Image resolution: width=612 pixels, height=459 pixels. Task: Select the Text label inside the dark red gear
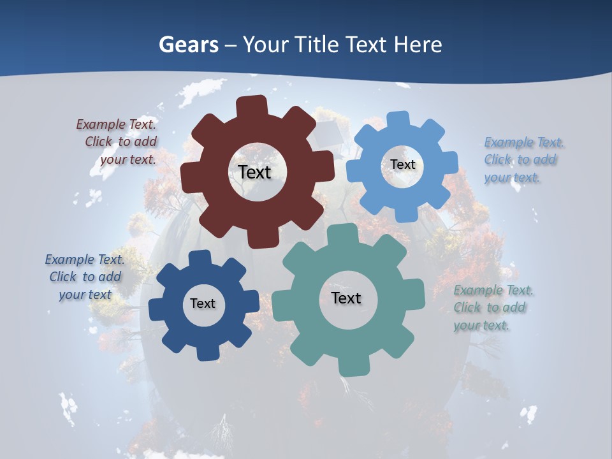tap(254, 172)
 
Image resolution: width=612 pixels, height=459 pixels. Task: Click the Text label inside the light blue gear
tap(403, 164)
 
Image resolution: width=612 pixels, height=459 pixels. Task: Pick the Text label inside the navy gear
tap(203, 303)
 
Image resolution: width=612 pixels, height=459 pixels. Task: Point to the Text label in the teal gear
tap(346, 298)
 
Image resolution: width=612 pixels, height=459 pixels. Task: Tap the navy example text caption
tap(85, 277)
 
